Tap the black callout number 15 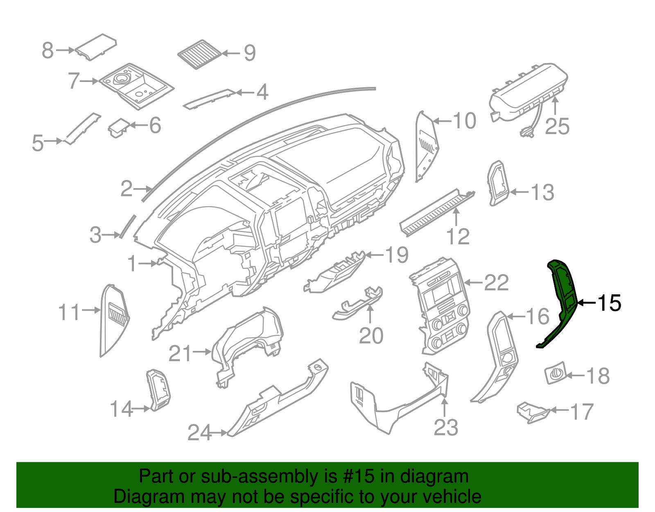tap(610, 303)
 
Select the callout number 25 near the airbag tap(557, 126)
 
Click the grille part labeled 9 tap(199, 54)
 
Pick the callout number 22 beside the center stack tap(496, 283)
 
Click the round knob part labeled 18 tap(555, 373)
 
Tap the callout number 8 tap(48, 50)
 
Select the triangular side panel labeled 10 tap(426, 148)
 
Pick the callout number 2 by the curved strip tap(126, 189)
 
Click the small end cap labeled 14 tap(159, 389)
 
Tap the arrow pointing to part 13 tap(519, 192)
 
